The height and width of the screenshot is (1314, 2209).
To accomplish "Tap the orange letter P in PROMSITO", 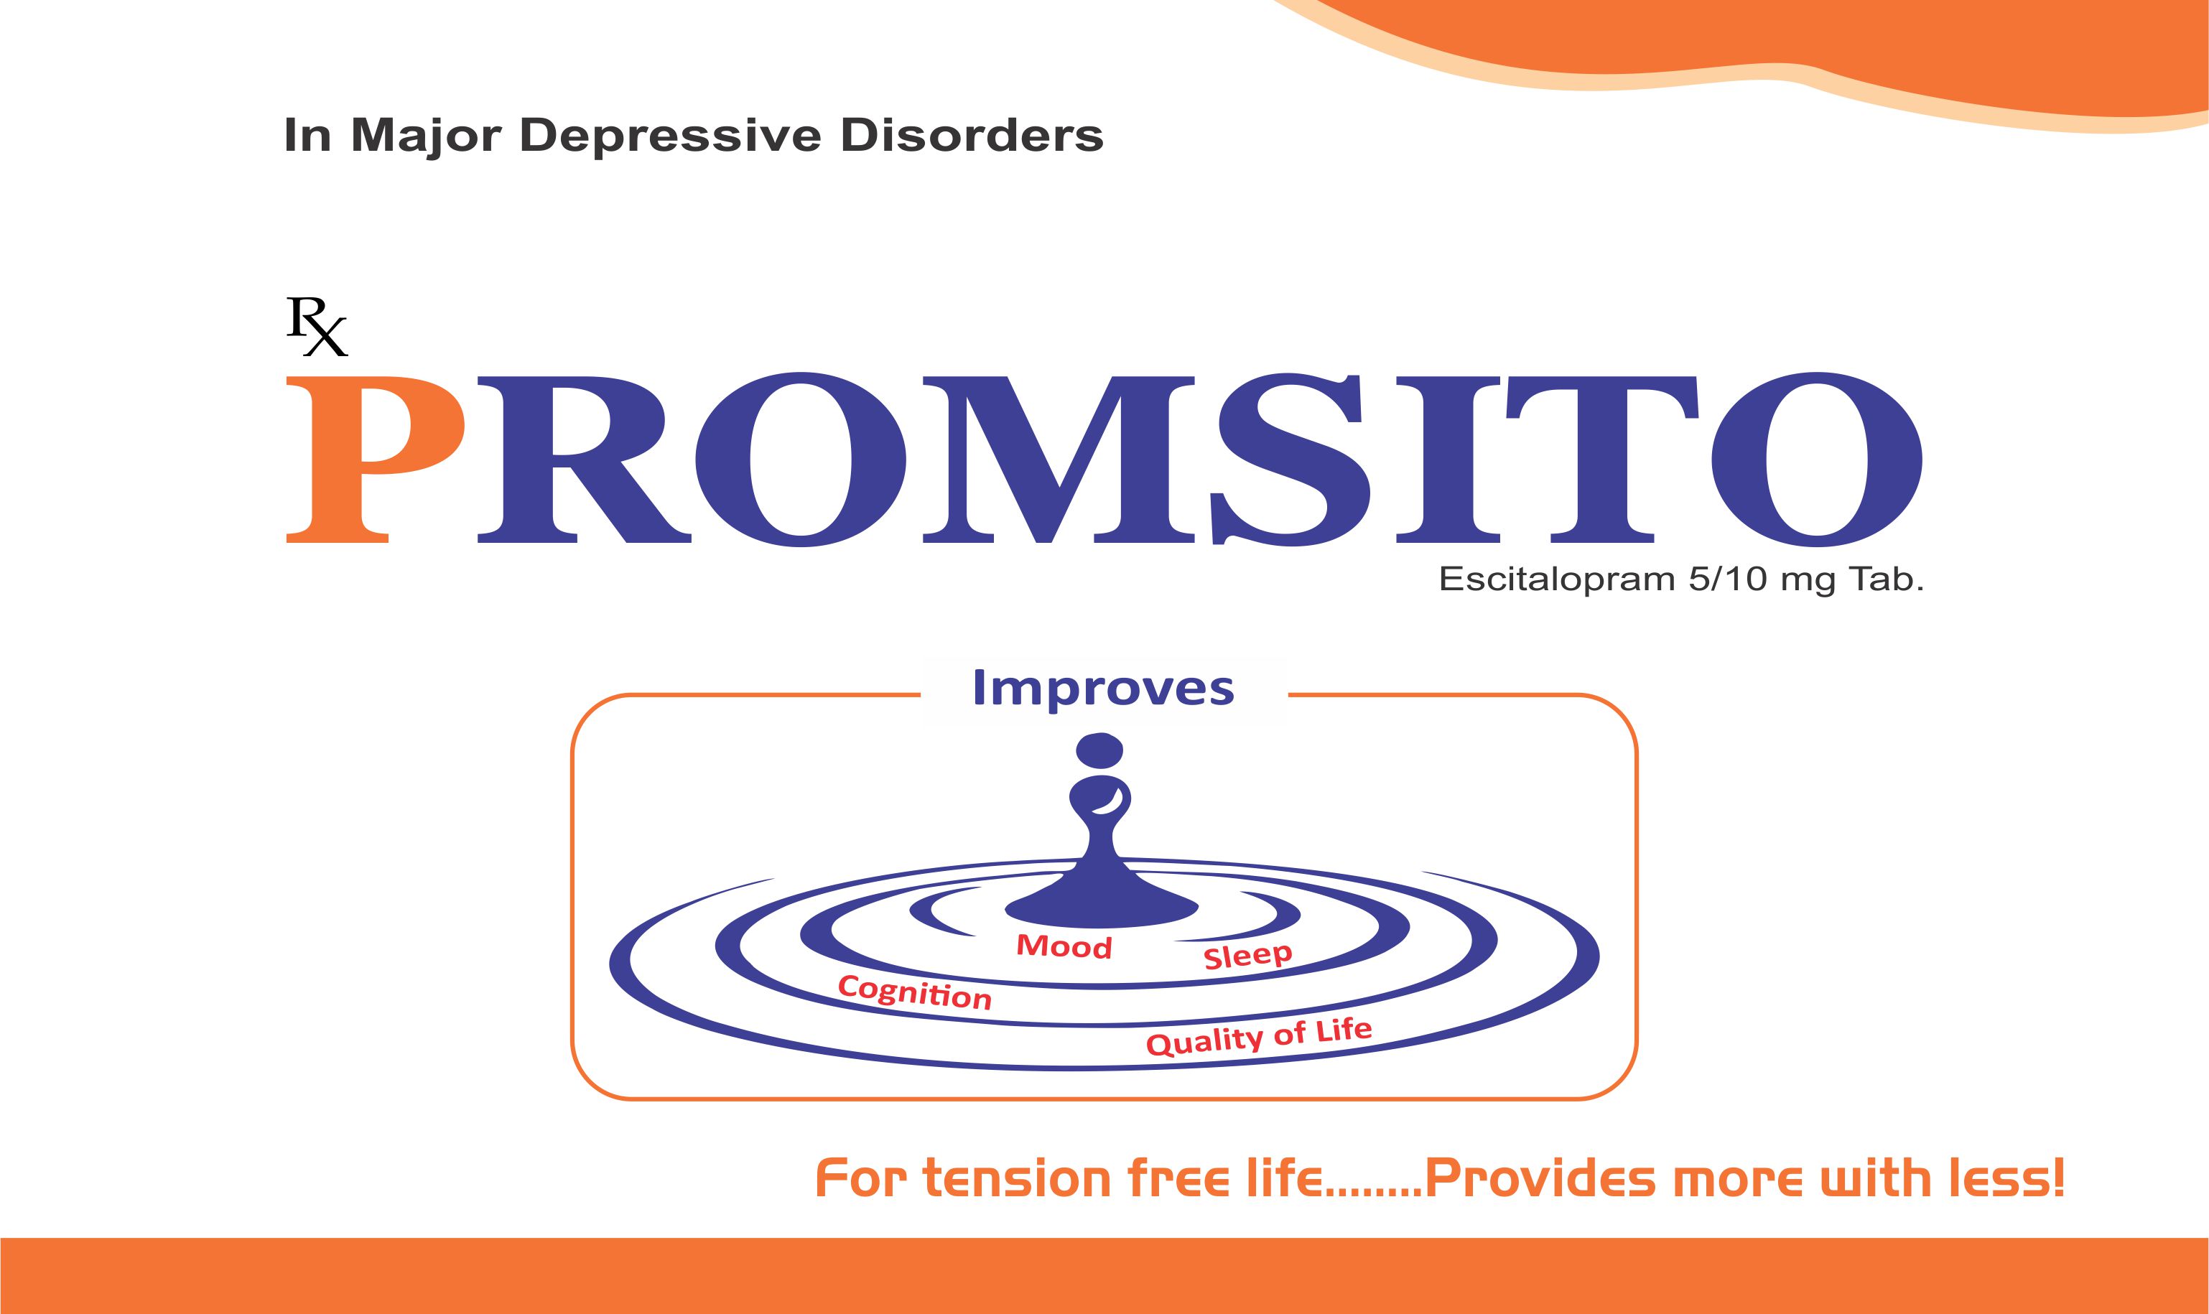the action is [x=376, y=459].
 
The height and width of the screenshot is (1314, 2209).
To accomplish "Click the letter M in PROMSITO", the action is [x=1059, y=459].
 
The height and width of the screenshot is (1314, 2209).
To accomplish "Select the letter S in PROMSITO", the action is [x=1293, y=459].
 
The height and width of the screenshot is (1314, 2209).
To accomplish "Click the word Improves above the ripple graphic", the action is [x=1103, y=688].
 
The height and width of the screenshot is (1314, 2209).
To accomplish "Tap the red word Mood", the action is [x=1064, y=946].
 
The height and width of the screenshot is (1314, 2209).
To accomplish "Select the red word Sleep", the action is [x=1247, y=956].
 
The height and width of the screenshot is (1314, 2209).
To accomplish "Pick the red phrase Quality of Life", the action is [x=1259, y=1037].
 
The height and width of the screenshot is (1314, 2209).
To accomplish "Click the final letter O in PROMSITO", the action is [x=1817, y=459].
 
